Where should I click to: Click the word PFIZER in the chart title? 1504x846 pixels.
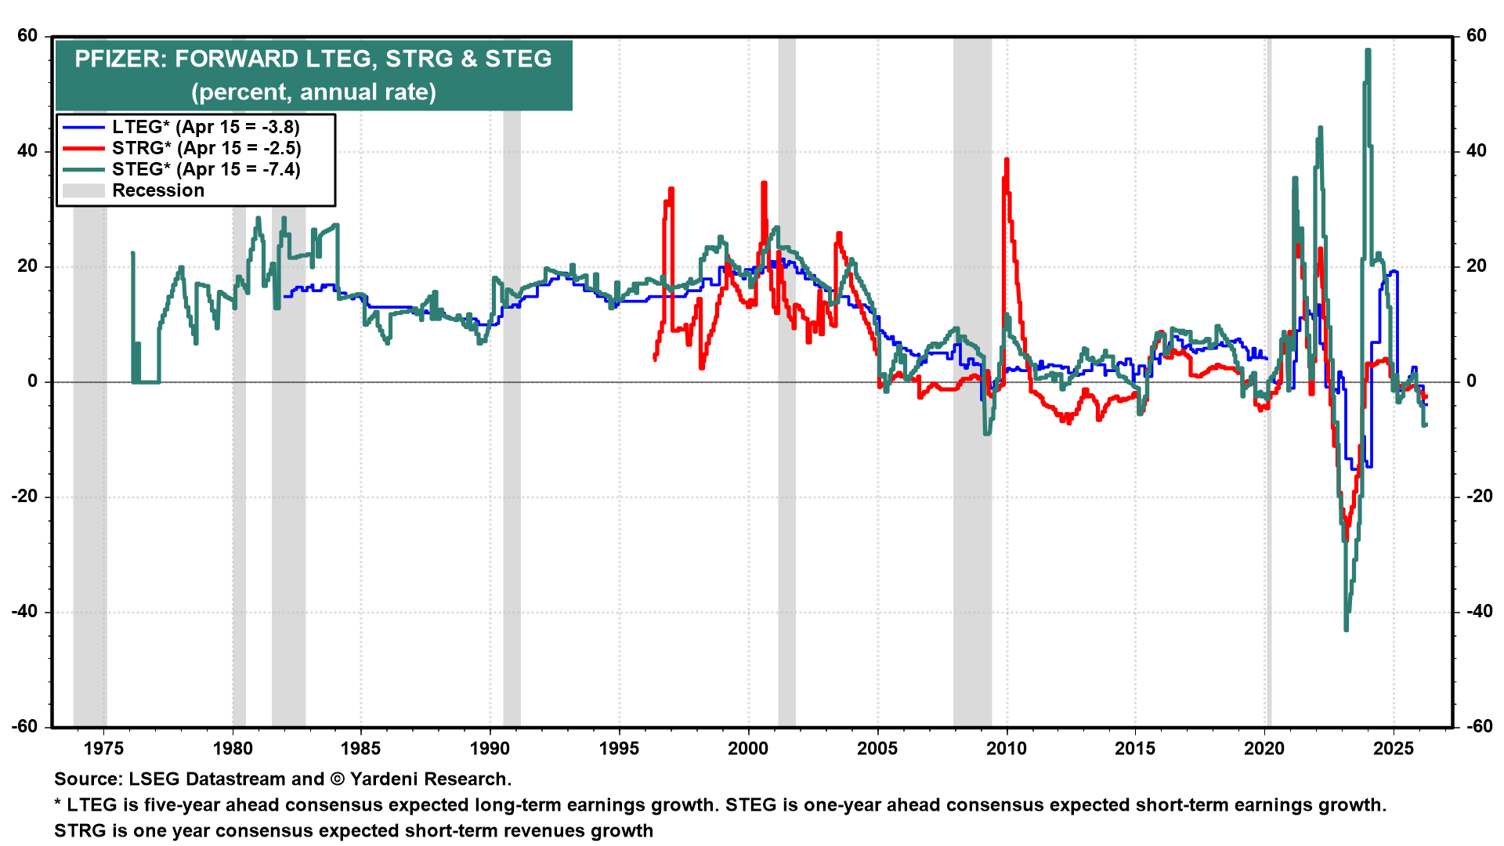(119, 60)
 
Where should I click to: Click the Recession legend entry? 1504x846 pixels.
(157, 190)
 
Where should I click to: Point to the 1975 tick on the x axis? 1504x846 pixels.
(103, 748)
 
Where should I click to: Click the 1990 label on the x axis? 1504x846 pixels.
(490, 748)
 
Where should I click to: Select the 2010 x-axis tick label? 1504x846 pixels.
(1006, 748)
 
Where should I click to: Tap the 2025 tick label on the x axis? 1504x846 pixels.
(1394, 748)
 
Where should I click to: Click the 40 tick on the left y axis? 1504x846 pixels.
(27, 150)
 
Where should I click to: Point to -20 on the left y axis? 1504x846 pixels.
(25, 497)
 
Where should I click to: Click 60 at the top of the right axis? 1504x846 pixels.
(1476, 35)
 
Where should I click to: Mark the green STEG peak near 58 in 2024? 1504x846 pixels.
(1368, 50)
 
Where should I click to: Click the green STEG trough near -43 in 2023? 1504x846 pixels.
(1346, 629)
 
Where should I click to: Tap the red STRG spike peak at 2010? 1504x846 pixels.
(1007, 160)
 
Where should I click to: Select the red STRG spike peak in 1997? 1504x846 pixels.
(671, 189)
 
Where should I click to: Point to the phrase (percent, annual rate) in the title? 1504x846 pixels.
(313, 92)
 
